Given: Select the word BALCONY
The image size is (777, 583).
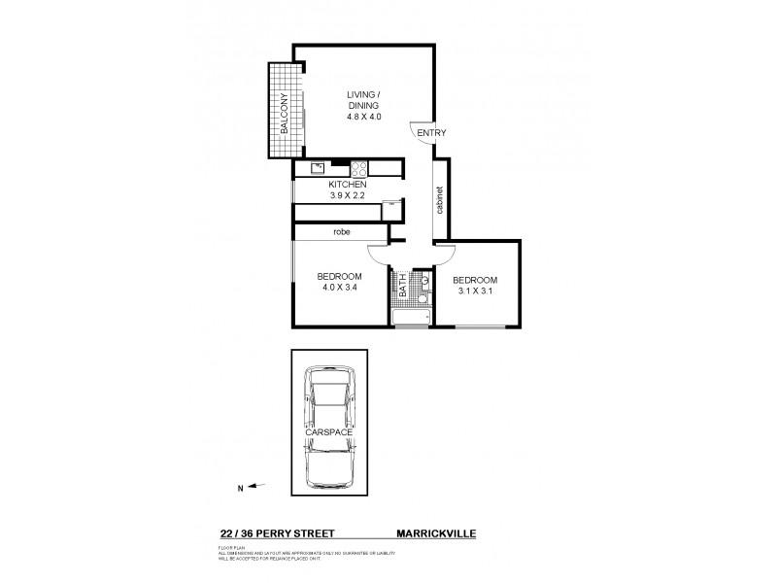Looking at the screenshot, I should click(285, 113).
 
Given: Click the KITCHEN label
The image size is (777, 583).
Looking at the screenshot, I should click(347, 184).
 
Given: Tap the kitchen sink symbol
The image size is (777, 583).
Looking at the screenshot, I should click(318, 168).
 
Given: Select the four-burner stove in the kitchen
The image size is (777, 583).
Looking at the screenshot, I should click(356, 167).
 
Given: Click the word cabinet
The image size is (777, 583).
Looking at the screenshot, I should click(440, 201).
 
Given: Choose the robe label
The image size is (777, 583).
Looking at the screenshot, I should click(341, 233).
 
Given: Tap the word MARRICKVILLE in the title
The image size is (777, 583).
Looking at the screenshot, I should click(434, 533).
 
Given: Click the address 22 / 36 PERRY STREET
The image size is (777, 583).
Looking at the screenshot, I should click(276, 533).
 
